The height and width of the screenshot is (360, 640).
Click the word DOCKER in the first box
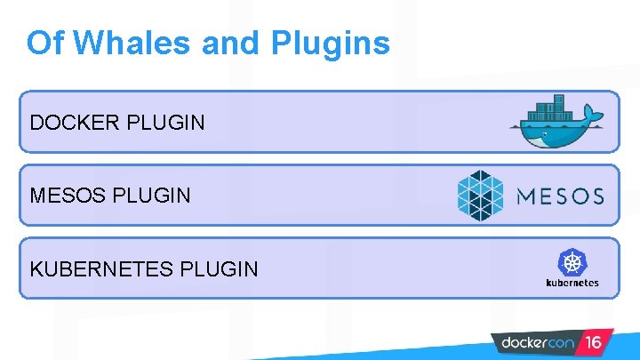tap(76, 122)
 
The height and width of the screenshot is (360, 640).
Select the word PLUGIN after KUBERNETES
tap(220, 268)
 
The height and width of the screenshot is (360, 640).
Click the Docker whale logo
tap(557, 124)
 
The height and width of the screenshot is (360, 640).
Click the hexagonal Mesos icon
tap(480, 195)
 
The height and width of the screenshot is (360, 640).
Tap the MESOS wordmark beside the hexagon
tap(560, 196)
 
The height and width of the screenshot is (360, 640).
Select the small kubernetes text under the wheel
tap(572, 283)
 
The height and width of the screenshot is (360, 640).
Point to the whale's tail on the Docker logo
tap(594, 116)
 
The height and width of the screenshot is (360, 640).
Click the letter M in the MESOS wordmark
tap(526, 196)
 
